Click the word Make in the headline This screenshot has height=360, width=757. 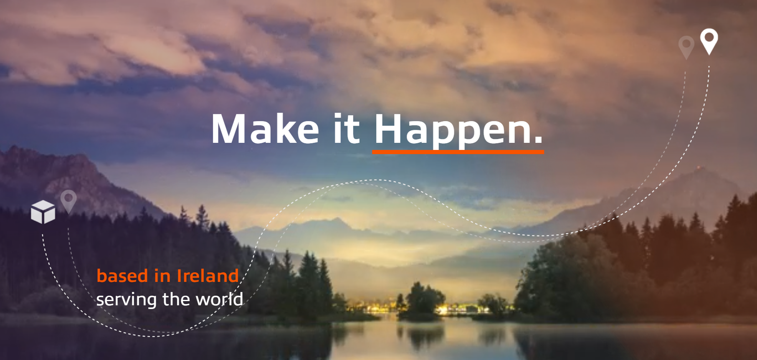pos(266,129)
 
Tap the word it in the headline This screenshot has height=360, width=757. pos(347,129)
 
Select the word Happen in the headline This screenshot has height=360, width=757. pos(453,131)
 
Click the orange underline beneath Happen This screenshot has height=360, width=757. pos(458,152)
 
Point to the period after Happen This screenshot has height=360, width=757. pos(539,140)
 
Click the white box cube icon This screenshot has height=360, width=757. pos(43,212)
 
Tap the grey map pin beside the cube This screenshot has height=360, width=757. pos(68,202)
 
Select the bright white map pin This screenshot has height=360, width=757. pos(709,41)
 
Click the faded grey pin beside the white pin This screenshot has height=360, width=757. pos(686,47)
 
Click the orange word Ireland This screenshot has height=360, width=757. pos(208,276)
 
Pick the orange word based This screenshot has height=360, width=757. pos(122,276)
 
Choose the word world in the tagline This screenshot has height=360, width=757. pos(220,299)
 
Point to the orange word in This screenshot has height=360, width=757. pos(162,276)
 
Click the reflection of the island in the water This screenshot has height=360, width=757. pos(422,336)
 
